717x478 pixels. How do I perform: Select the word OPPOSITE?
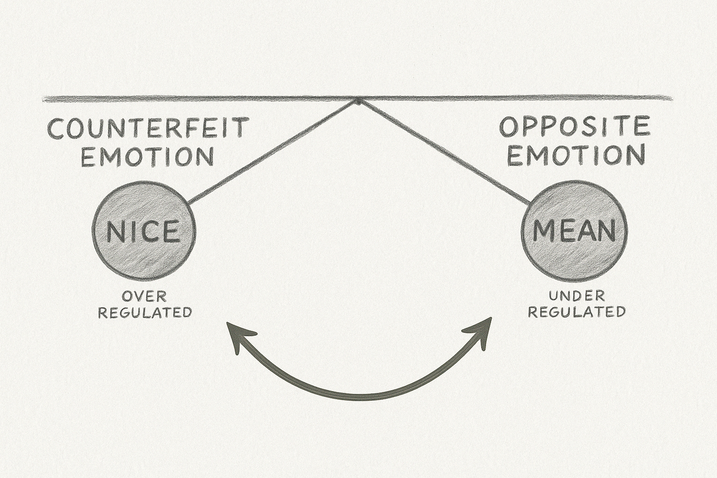point(575,127)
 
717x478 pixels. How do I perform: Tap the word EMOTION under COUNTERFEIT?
point(147,157)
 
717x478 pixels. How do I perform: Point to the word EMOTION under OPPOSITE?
point(576,155)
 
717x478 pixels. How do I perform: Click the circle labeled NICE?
point(144,232)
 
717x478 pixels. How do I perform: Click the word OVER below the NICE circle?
point(144,296)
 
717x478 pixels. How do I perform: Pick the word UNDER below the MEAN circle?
point(576,295)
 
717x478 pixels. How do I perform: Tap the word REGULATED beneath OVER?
point(145,312)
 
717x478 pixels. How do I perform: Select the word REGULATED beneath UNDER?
point(576,311)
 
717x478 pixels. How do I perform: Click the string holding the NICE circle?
point(273,152)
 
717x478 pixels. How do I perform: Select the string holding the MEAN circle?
point(443,152)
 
